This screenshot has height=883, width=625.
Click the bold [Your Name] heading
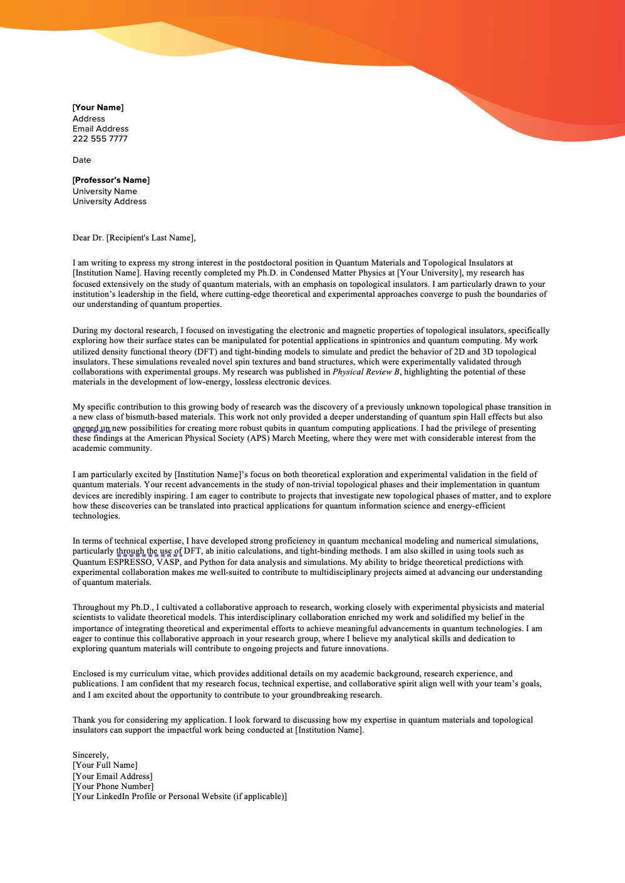[x=98, y=108]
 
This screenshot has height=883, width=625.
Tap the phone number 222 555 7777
[x=100, y=139]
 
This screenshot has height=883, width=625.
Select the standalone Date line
[x=82, y=160]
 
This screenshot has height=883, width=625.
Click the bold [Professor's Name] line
[x=111, y=180]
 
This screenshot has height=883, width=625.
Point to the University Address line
[x=110, y=202]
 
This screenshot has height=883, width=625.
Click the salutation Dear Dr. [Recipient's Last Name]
[x=134, y=238]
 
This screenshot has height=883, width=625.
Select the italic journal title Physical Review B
[x=366, y=372]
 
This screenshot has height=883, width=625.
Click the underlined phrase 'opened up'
[x=91, y=428]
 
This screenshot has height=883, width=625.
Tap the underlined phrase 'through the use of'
[x=149, y=551]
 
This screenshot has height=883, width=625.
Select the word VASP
[x=168, y=562]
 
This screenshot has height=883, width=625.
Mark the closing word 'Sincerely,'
[x=91, y=755]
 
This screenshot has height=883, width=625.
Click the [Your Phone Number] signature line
[x=113, y=787]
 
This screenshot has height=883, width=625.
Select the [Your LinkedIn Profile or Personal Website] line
[x=180, y=797]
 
